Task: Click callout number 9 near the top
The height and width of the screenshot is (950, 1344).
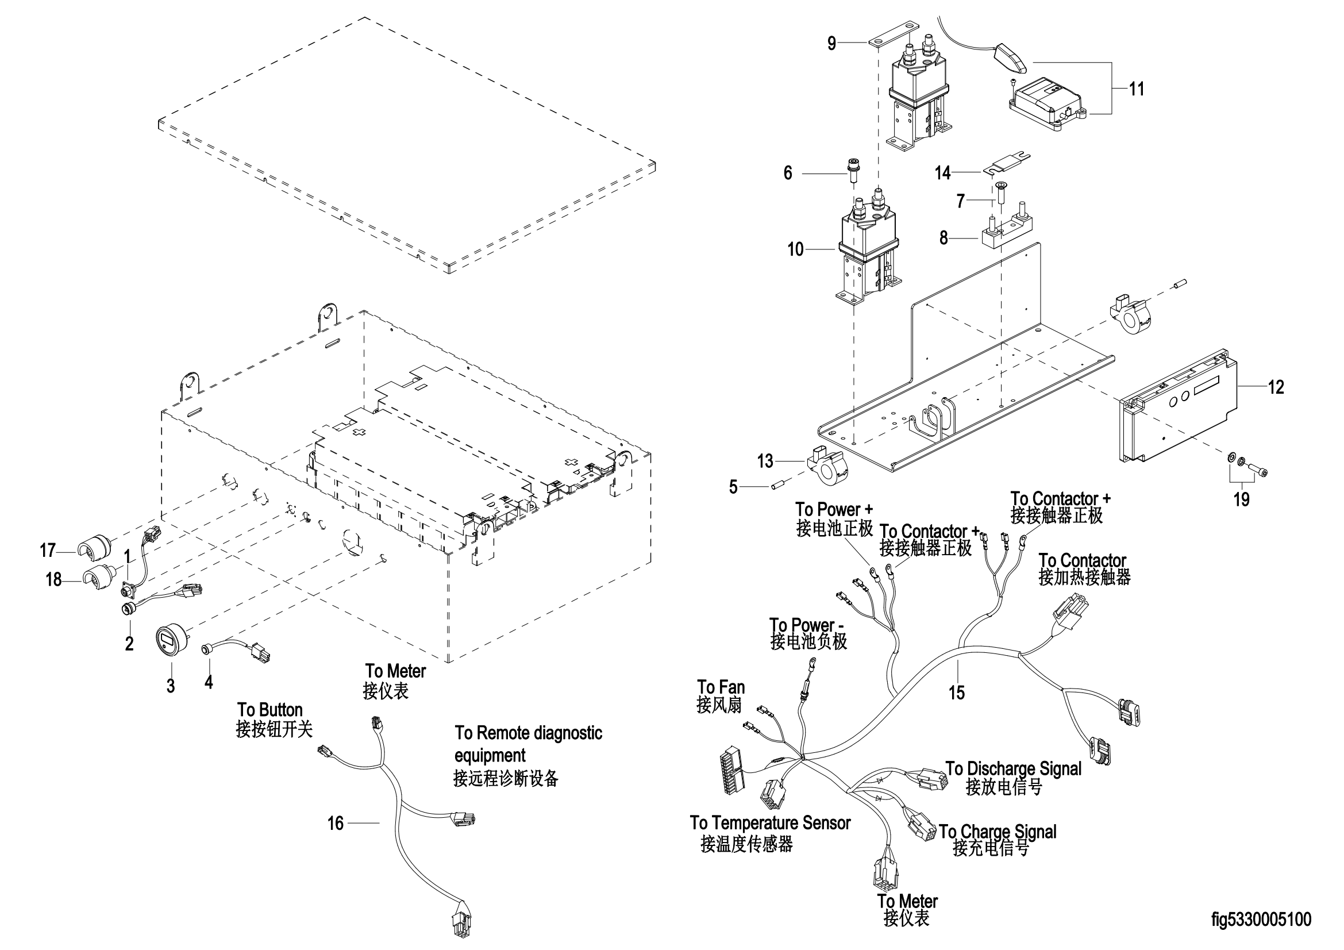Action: pyautogui.click(x=831, y=43)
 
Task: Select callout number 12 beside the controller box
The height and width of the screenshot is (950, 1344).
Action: pyautogui.click(x=1276, y=387)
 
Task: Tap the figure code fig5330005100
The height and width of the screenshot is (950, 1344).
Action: pyautogui.click(x=1261, y=920)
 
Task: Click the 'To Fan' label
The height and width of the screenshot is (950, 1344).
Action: pyautogui.click(x=721, y=687)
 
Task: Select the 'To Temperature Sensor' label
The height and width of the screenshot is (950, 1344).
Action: pyautogui.click(x=770, y=823)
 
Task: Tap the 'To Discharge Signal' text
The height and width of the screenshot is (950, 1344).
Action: pyautogui.click(x=1013, y=768)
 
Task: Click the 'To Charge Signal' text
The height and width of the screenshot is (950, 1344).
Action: pyautogui.click(x=998, y=832)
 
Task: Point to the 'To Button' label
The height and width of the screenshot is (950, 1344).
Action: pyautogui.click(x=270, y=710)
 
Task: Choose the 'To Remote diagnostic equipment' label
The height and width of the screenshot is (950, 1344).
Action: pyautogui.click(x=528, y=743)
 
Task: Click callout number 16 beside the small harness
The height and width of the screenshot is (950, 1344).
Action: pyautogui.click(x=336, y=824)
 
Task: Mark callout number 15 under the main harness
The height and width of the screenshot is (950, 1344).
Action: pyautogui.click(x=957, y=693)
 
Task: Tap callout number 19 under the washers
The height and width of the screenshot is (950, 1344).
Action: pyautogui.click(x=1242, y=499)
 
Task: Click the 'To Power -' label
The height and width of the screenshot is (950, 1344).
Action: pyautogui.click(x=806, y=625)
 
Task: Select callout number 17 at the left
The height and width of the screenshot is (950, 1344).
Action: pyautogui.click(x=48, y=550)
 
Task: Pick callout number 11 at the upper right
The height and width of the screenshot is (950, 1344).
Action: pyautogui.click(x=1136, y=89)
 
